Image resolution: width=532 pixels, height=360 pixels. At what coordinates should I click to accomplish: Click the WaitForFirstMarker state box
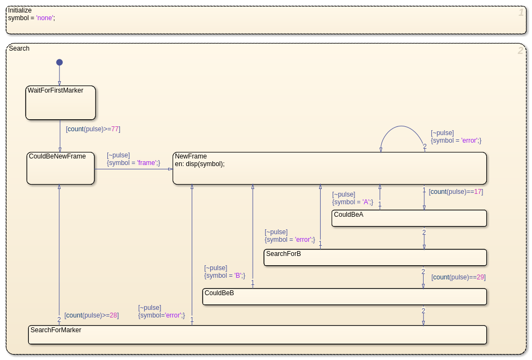click(61, 103)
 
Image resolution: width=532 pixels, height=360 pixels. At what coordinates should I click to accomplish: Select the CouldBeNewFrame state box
click(61, 168)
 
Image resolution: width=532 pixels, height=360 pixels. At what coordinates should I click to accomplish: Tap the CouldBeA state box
click(409, 218)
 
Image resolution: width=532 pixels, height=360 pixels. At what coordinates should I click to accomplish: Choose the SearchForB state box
click(375, 258)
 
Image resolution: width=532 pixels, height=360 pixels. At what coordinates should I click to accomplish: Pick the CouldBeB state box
click(345, 296)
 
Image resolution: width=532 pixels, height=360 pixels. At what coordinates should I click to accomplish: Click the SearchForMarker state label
click(56, 330)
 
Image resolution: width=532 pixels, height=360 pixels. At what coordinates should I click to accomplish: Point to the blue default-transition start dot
click(59, 62)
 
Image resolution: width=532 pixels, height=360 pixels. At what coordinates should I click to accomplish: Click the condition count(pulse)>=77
click(93, 129)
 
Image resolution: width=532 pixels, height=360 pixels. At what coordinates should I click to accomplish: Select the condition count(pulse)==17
click(456, 192)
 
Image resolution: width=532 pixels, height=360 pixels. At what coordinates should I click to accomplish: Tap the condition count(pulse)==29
click(458, 277)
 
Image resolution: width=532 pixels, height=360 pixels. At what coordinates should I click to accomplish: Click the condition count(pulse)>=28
click(91, 315)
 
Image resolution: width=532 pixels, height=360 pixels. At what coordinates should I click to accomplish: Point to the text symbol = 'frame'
click(133, 163)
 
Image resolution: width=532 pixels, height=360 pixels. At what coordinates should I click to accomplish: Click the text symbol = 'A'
click(352, 202)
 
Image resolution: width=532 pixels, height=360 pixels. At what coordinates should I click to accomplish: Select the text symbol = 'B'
click(224, 276)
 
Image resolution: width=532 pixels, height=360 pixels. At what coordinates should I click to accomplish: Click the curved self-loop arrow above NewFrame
click(402, 126)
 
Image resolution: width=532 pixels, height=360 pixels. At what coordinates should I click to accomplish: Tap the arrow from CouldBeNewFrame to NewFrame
click(133, 169)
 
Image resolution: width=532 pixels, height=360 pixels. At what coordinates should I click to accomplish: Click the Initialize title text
click(20, 10)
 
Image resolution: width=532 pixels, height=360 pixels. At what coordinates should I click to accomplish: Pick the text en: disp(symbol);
click(200, 164)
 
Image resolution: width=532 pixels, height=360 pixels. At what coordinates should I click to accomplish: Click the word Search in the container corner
click(19, 48)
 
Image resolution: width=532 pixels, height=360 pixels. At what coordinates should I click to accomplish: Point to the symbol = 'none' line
click(32, 17)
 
